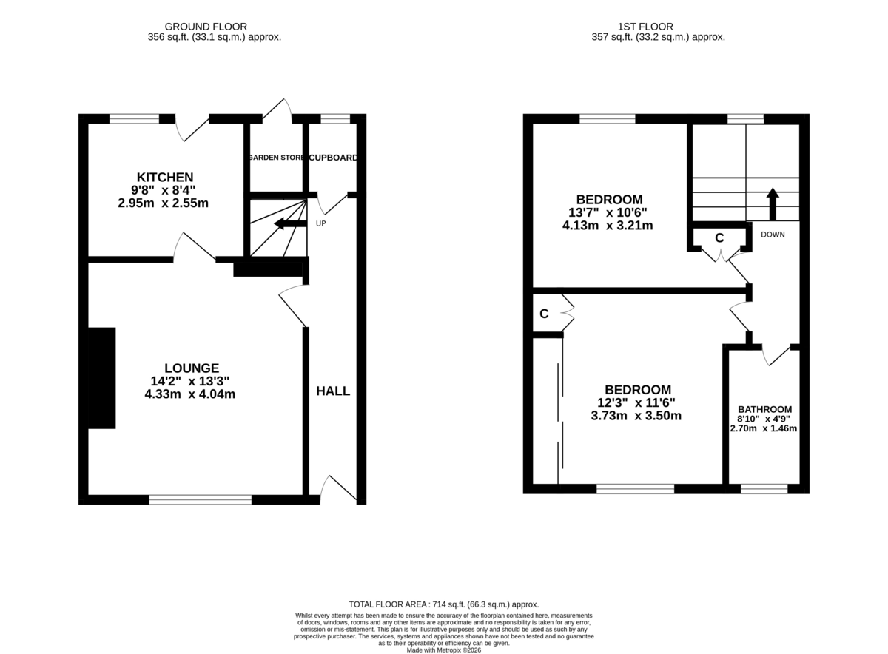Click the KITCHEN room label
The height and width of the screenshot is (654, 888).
tap(165, 178)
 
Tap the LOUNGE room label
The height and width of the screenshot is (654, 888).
tap(192, 368)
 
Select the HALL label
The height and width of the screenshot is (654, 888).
tap(333, 391)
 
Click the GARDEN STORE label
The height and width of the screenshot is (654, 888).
tap(277, 158)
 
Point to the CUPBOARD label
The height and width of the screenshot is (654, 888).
tap(333, 158)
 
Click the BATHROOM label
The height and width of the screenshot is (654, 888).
tap(764, 409)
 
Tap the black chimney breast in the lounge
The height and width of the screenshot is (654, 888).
tap(102, 377)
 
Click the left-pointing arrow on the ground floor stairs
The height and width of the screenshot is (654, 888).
tap(289, 223)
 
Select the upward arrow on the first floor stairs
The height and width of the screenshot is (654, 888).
tap(772, 203)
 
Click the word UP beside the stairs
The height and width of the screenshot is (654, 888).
tap(321, 223)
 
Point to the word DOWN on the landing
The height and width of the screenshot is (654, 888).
tap(772, 235)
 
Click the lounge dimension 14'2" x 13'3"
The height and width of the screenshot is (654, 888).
tap(192, 381)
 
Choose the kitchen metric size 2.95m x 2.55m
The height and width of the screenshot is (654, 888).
tap(164, 203)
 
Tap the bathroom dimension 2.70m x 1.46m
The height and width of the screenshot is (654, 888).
tap(764, 428)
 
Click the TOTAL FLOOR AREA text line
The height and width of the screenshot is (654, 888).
tap(444, 604)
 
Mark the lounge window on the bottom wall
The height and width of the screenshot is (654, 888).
tap(201, 499)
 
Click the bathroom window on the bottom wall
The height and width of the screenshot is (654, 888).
tap(764, 488)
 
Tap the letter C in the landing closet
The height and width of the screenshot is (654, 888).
tap(719, 238)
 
